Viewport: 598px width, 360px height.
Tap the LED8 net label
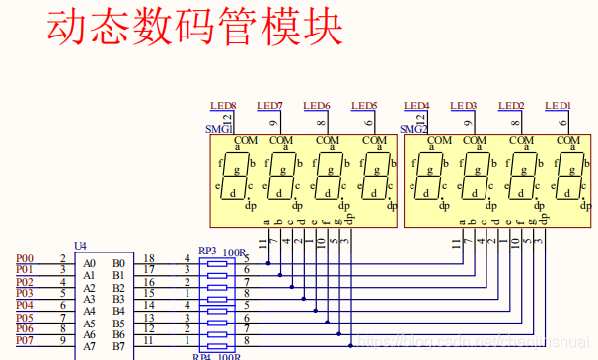[x=223, y=106]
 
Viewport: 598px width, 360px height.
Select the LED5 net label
[x=364, y=106]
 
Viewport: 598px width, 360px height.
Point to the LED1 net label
[x=559, y=106]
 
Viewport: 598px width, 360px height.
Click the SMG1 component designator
[x=218, y=129]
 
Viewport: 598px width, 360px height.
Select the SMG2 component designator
[x=413, y=129]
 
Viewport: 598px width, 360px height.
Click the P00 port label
[x=24, y=258]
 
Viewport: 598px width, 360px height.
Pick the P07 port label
[x=24, y=340]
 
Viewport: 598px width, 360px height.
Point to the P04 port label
[x=24, y=306]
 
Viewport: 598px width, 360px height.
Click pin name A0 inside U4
[x=90, y=263]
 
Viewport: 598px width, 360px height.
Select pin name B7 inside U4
[x=118, y=346]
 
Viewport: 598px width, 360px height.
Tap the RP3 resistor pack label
[x=207, y=252]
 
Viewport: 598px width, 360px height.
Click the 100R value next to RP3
[x=234, y=252]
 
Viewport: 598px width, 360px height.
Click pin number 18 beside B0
[x=149, y=258]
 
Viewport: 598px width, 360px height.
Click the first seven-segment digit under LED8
[x=235, y=176]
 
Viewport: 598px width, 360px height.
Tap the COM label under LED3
[x=476, y=141]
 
